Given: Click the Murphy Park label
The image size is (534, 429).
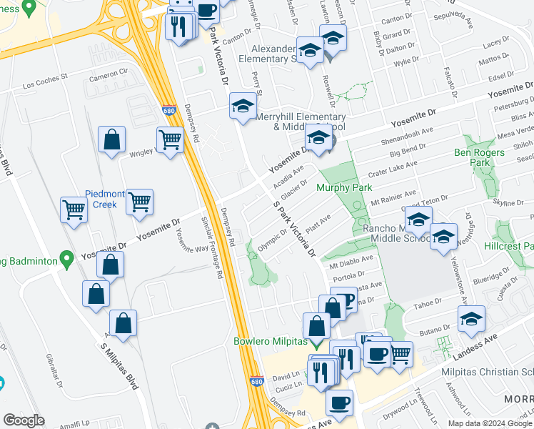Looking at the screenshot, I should point(345,188).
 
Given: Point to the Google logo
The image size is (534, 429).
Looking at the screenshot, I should point(24,420).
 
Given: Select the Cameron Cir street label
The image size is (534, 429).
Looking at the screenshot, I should point(108,74).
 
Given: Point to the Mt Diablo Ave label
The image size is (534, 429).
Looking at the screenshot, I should point(351,260).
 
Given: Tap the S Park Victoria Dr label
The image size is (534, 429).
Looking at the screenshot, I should point(294,229).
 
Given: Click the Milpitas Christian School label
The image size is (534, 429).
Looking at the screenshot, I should point(493,372).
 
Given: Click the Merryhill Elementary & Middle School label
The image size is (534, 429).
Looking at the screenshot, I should point(300,122).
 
